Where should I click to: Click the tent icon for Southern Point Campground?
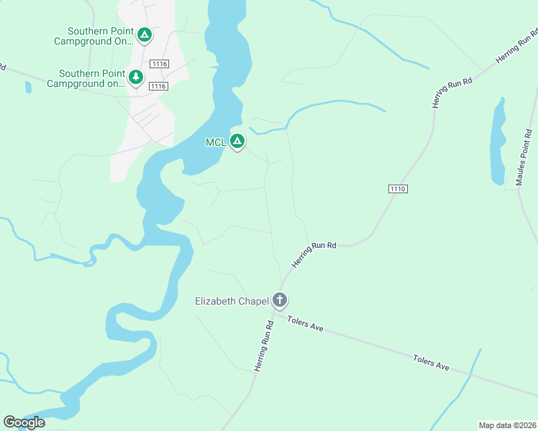pos(145,34)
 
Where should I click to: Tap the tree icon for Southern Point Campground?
pos(136,76)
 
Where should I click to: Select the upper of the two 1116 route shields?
pos(159,64)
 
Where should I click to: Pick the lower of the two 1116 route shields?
pos(158,86)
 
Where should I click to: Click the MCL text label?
pos(216,142)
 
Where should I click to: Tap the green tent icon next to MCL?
pos(237,142)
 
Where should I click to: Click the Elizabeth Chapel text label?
pos(232,301)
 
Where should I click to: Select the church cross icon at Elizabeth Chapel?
pos(280,300)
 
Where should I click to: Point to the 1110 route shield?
pos(398,189)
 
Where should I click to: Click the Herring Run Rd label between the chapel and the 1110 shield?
pos(314,255)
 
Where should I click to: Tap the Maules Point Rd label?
pos(524,157)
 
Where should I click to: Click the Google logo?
pos(24,422)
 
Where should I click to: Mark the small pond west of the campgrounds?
pos(28,88)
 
